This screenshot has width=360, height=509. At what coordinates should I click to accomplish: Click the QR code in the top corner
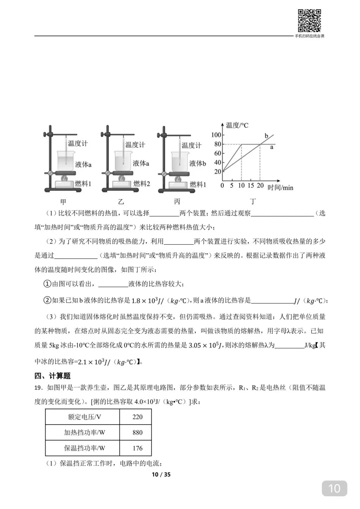click(x=309, y=21)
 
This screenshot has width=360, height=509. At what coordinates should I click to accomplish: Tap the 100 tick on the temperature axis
click(x=216, y=135)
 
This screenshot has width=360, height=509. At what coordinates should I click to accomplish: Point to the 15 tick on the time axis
click(x=251, y=186)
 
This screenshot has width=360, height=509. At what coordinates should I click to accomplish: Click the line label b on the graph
click(x=266, y=136)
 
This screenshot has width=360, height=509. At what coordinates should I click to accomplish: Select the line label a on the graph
click(x=272, y=147)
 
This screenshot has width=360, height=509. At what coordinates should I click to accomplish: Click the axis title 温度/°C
click(x=237, y=125)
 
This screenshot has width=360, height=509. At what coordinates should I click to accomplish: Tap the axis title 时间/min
click(x=280, y=188)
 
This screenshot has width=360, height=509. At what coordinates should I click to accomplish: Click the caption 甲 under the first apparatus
click(x=63, y=201)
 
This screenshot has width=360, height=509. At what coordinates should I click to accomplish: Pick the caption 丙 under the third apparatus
click(x=177, y=201)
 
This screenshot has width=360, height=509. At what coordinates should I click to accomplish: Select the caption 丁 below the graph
click(x=253, y=201)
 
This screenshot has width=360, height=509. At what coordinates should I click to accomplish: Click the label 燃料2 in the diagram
click(x=142, y=184)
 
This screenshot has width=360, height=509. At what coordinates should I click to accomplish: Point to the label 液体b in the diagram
click(x=198, y=163)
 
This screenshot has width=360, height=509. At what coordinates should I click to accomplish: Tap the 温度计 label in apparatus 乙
click(x=135, y=145)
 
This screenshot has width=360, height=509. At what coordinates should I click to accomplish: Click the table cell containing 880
click(x=137, y=432)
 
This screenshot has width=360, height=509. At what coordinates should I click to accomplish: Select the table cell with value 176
click(x=137, y=448)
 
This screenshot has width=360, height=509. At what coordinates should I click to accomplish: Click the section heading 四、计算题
click(x=52, y=376)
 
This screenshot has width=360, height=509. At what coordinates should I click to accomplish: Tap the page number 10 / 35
click(x=161, y=474)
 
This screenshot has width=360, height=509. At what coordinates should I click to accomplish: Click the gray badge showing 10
click(x=334, y=488)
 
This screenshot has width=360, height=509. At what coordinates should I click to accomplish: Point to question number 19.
click(x=38, y=388)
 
